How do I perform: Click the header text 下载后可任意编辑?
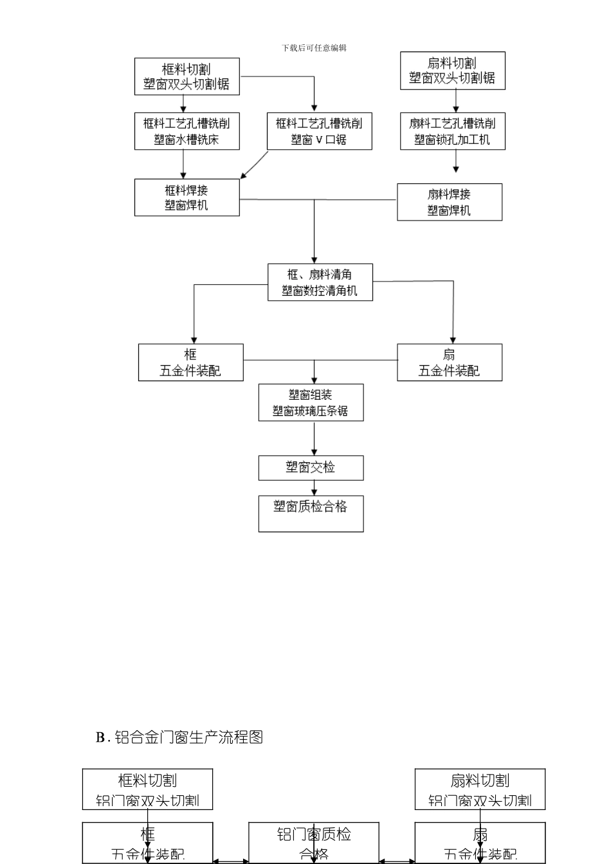point(314,48)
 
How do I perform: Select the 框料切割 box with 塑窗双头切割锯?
point(187,76)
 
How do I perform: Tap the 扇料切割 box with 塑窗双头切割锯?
point(452,71)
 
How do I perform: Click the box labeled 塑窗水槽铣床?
point(187,131)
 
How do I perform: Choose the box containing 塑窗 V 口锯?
point(319,131)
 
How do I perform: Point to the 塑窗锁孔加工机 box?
point(452,131)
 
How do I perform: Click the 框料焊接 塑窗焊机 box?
point(187,197)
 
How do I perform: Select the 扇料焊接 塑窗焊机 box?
point(449,202)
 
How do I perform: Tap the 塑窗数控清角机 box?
point(320,282)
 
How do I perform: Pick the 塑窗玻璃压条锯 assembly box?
point(311,402)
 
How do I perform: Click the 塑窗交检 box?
point(311,467)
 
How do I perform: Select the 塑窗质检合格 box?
point(311,513)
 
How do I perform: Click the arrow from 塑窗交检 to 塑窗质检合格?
point(315,488)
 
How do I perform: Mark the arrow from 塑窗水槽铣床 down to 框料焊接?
point(183,165)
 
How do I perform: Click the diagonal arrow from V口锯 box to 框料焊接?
point(255,165)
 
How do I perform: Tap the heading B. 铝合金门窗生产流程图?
point(179,737)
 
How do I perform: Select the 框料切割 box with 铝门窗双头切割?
point(147,789)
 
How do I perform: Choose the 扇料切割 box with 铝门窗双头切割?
point(480,789)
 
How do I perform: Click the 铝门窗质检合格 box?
point(314,843)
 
